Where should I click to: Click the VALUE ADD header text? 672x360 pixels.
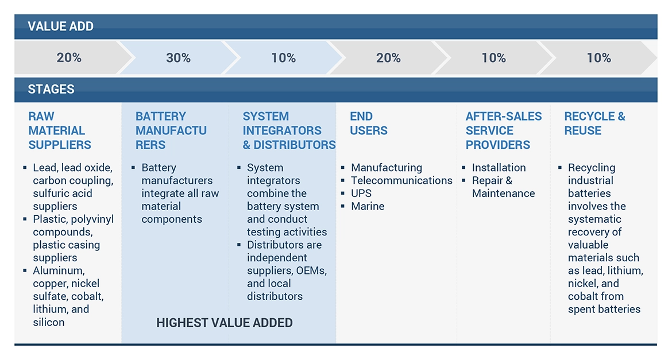60,26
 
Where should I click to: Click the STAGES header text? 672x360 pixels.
51,90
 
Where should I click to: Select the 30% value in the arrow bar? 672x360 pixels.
178,58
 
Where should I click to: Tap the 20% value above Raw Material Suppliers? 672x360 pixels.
69,58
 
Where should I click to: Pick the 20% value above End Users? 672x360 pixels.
388,58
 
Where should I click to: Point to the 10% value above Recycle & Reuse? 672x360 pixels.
598,58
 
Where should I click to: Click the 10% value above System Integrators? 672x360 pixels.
284,58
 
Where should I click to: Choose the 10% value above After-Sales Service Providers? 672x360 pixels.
493,58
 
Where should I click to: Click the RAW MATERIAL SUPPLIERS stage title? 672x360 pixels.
60,131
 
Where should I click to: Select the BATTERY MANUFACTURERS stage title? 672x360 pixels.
171,131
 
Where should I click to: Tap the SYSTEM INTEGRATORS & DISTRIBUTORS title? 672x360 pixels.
289,131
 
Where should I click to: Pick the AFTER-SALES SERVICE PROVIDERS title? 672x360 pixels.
504,131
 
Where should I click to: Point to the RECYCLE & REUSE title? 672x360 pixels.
594,124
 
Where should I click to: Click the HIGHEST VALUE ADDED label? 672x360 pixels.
225,323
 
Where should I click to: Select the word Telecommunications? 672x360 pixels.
401,181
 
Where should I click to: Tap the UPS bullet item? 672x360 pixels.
361,193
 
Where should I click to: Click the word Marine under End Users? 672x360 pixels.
368,206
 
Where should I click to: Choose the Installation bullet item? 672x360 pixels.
499,168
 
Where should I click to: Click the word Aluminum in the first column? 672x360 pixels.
59,271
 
